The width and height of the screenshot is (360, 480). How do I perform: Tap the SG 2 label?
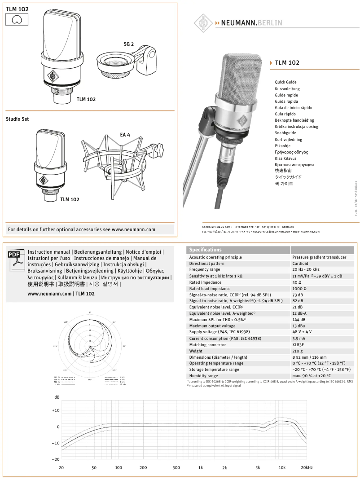click(129, 44)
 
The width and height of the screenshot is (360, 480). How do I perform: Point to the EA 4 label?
click(125, 135)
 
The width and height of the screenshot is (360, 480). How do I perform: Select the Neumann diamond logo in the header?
click(203, 22)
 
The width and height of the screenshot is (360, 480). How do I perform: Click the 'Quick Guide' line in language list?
click(285, 82)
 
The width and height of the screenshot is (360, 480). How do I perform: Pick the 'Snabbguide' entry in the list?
click(285, 133)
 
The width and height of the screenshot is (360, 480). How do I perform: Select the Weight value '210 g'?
click(298, 351)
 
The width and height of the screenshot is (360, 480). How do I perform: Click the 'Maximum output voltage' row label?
click(212, 326)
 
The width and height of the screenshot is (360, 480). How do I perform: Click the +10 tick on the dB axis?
click(56, 410)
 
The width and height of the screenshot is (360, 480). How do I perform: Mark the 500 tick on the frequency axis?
click(176, 467)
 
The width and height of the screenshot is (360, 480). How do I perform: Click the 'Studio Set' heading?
click(17, 119)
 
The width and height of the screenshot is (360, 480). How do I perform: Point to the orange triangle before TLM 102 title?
click(271, 63)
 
